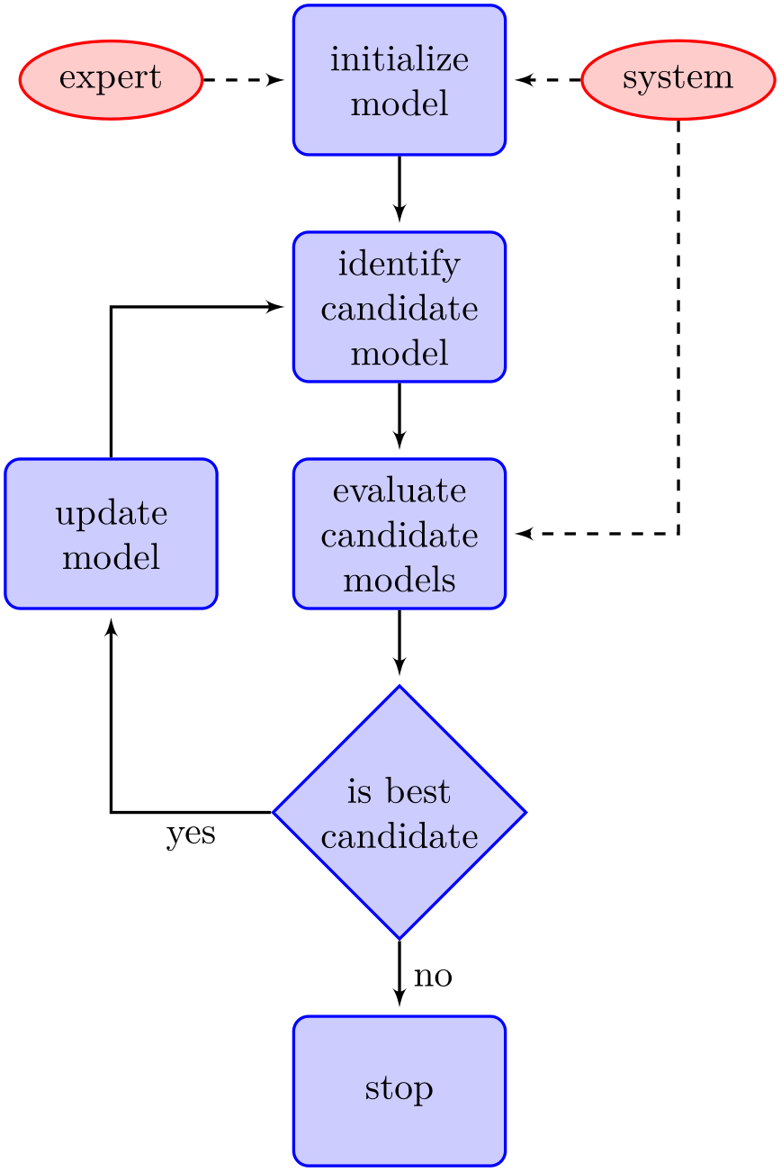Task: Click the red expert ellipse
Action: pos(111,79)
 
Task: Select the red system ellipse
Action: pos(678,79)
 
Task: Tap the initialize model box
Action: pos(399,80)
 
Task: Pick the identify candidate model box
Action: pos(399,307)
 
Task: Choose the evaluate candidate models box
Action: pos(399,534)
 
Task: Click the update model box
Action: pos(111,534)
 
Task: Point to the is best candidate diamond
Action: pos(399,812)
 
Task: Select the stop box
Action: pos(399,1090)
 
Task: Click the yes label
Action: pos(191,835)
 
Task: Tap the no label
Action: pos(433,977)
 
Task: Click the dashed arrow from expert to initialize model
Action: pos(244,80)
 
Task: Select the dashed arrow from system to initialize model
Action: pos(548,80)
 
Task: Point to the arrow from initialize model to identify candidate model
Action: pos(399,190)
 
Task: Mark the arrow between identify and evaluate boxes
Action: pos(399,417)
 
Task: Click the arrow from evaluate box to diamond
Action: pos(399,644)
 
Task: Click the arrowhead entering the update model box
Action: pos(111,627)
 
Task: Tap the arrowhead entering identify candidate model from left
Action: pos(275,307)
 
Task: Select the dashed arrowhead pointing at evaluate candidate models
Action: pos(525,534)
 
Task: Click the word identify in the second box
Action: pos(399,266)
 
